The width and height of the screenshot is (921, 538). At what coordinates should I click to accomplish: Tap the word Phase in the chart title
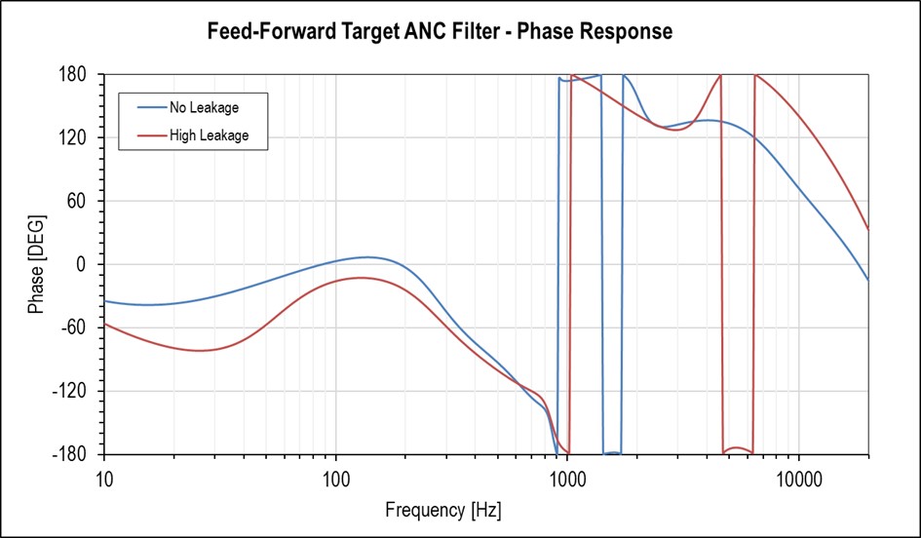point(545,31)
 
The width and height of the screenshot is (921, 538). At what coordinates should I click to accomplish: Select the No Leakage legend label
point(204,107)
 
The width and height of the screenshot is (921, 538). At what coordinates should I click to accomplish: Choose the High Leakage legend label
point(209,135)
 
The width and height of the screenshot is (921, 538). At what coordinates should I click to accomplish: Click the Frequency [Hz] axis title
point(443,510)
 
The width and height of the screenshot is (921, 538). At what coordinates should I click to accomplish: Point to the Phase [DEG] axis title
point(36,265)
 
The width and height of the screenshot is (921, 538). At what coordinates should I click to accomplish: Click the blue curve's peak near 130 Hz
point(366,257)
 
